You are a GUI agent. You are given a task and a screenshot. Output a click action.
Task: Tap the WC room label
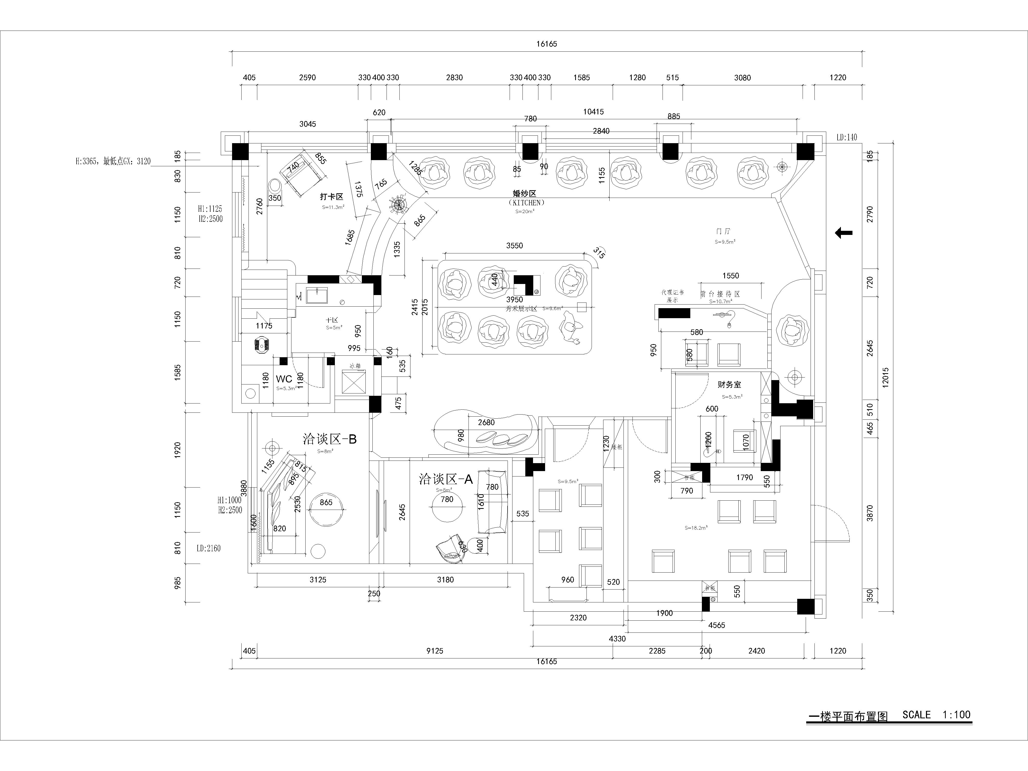tap(284, 379)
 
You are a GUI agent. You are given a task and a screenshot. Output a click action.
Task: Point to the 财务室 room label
tap(729, 385)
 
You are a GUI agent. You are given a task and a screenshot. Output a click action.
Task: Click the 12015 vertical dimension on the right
tap(885, 377)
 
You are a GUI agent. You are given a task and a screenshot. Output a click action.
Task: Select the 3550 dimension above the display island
tap(515, 246)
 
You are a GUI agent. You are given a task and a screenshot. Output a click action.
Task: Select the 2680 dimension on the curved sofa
tap(486, 423)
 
